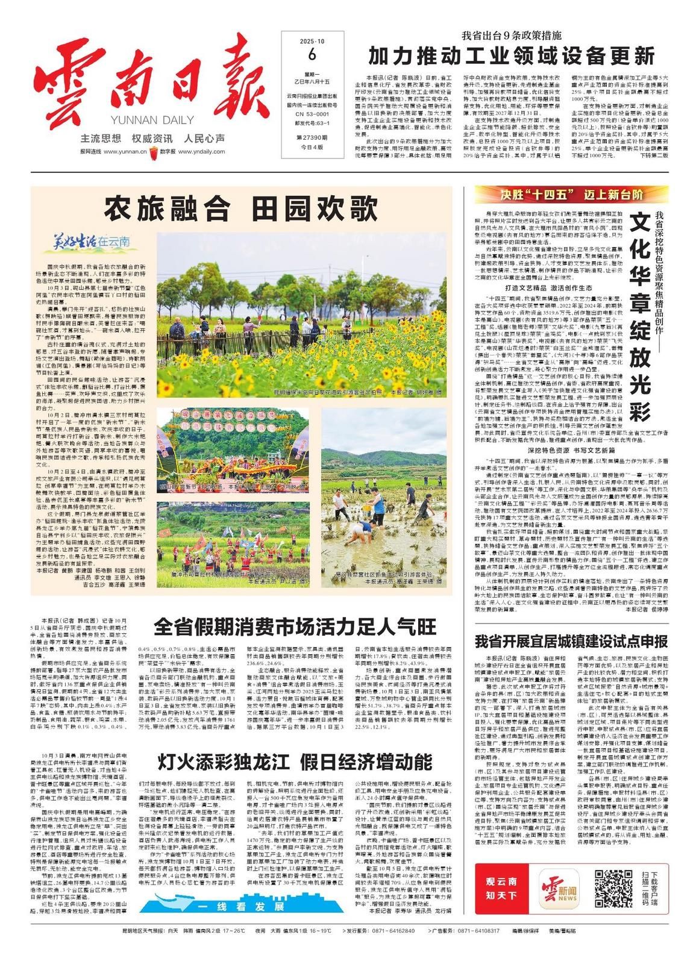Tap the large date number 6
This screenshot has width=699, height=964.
pos(312,54)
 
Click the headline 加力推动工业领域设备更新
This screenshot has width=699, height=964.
pos(512,56)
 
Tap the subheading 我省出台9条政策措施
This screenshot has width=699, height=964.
pos(512,34)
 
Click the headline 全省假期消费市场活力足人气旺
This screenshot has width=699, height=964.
pos(295,627)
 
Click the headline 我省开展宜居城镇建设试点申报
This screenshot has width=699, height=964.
pos(571,640)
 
